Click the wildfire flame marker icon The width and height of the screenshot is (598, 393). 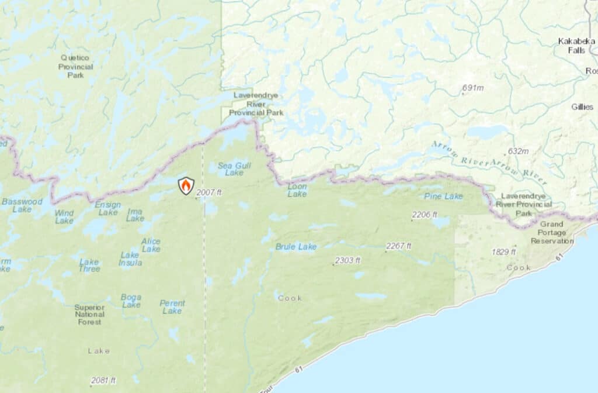click(186, 186)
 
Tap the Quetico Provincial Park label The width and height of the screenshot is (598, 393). click(75, 66)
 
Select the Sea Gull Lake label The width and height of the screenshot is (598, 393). click(230, 169)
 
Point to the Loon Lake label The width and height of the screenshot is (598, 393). click(297, 190)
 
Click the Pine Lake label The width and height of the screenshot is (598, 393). click(443, 196)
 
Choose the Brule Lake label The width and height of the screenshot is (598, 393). click(295, 247)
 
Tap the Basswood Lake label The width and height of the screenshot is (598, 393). click(22, 205)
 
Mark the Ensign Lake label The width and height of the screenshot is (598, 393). click(108, 209)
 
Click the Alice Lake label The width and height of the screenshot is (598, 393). click(151, 245)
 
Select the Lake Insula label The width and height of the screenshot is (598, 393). click(130, 258)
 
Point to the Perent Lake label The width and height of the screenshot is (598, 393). click(172, 307)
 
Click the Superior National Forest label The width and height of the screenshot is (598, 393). click(89, 315)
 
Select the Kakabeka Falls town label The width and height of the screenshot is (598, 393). click(576, 46)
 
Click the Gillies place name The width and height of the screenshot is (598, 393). click(582, 106)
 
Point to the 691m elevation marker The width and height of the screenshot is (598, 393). click(472, 88)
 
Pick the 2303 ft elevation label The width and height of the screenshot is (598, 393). click(347, 260)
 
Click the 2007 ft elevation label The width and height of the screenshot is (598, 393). click(209, 192)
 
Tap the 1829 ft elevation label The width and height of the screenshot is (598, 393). click(503, 251)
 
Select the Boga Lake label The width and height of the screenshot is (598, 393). click(131, 301)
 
